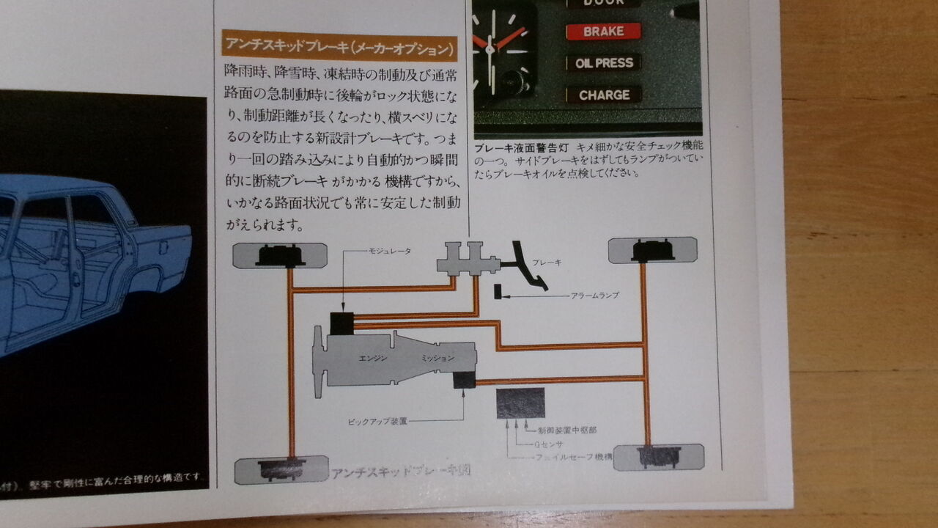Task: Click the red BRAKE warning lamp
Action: coord(603,32)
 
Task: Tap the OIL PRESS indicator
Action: coord(603,63)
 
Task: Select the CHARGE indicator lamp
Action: coord(604,95)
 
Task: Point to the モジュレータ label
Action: coord(388,251)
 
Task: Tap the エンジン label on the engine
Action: coord(368,358)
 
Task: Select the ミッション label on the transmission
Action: coord(437,358)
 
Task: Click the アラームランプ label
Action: coord(595,296)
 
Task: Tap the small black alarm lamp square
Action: coord(498,291)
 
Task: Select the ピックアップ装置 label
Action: coord(378,422)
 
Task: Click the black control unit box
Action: coord(520,403)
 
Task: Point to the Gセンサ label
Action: coord(542,444)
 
